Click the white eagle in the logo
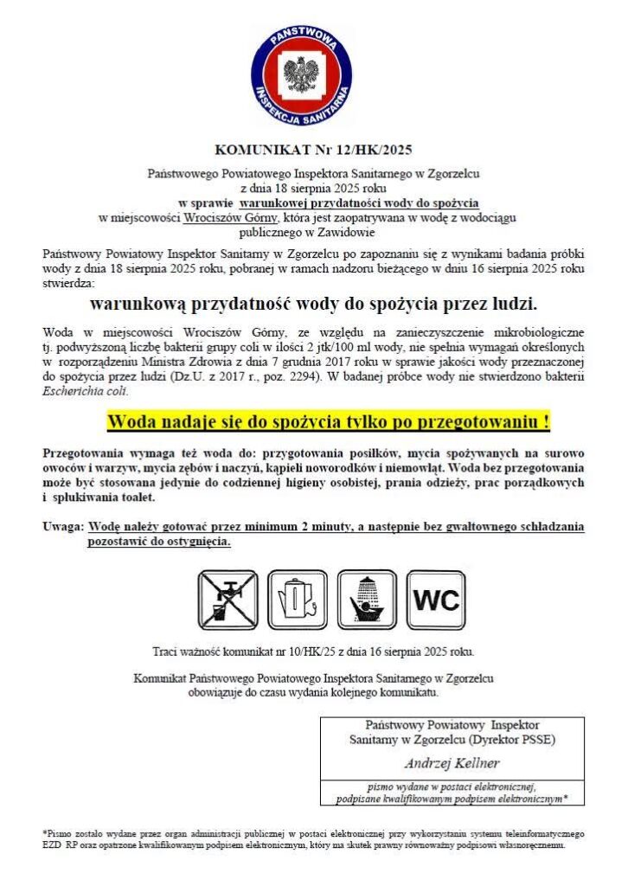coord(301,74)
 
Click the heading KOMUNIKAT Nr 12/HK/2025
coord(313,148)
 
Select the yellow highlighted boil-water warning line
coord(328,422)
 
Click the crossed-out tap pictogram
coord(228,599)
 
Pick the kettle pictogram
coord(297,599)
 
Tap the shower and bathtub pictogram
coord(366,599)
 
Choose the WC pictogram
coord(435,599)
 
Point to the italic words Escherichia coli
coord(83,391)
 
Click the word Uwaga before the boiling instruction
coord(62,526)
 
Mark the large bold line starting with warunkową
coord(313,305)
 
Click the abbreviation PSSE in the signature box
coord(538,740)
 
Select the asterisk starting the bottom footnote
coord(45,832)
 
